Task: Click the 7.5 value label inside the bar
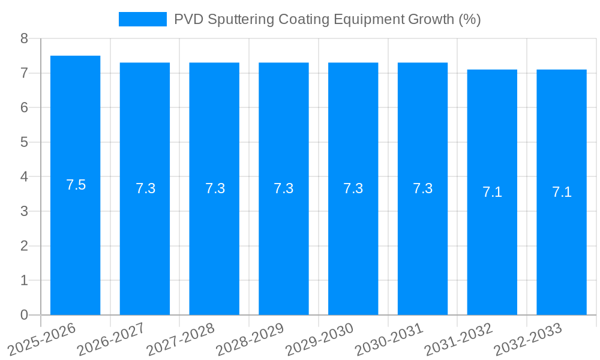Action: point(76,185)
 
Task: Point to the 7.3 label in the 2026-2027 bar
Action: point(145,188)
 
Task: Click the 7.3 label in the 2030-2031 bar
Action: point(422,188)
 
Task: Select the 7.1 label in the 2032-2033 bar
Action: point(562,192)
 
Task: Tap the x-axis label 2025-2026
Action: point(41,340)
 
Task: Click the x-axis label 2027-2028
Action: point(181,340)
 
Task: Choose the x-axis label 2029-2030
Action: point(319,340)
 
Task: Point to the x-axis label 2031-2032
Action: point(458,340)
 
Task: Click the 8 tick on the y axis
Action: point(24,38)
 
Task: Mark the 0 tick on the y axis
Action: point(24,315)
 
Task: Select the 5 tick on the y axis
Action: point(24,142)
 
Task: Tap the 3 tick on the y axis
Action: point(24,211)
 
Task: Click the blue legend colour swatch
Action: point(142,19)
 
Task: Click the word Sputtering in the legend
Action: point(238,19)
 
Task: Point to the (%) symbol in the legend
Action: point(469,19)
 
